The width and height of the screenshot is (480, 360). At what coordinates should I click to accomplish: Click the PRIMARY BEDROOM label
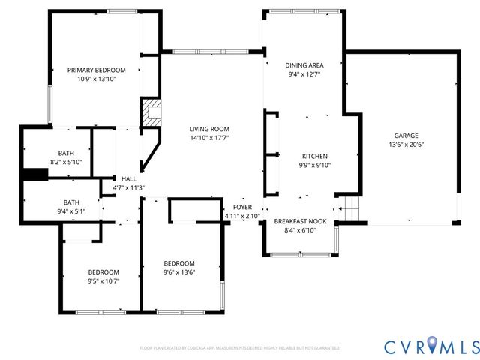[97, 70]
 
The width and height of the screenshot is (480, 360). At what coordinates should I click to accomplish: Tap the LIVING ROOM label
[208, 129]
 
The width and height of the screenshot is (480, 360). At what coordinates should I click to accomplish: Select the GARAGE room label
[403, 136]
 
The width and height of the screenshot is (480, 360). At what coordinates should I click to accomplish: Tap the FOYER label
[242, 207]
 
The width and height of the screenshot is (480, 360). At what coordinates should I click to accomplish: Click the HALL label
[128, 178]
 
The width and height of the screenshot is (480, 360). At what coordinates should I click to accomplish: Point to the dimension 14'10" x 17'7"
[208, 138]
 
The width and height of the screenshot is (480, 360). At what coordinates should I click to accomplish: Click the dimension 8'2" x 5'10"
[65, 162]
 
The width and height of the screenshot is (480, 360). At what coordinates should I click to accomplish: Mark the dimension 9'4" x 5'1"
[71, 211]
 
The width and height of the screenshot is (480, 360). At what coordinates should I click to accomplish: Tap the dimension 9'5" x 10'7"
[103, 280]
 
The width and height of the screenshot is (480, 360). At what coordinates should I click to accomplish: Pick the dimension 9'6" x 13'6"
[179, 272]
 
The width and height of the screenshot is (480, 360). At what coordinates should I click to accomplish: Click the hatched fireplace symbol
[151, 112]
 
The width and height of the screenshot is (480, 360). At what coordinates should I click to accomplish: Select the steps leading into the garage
[349, 208]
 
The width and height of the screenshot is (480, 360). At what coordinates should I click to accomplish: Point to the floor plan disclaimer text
[239, 348]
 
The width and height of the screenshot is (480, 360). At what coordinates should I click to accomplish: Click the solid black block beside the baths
[34, 175]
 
